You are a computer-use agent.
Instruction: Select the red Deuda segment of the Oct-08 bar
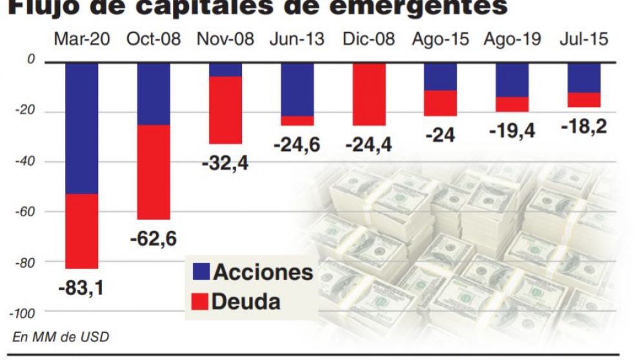point(153,172)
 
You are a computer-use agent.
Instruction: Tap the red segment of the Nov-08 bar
point(225,110)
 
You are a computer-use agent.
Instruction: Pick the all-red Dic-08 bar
point(369,94)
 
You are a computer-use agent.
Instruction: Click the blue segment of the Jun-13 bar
point(297,89)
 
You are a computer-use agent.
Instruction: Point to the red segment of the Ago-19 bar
point(512,104)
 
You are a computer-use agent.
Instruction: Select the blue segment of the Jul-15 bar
point(584,77)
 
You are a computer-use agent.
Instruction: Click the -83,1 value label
point(81,287)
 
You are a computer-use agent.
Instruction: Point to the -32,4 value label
point(225,163)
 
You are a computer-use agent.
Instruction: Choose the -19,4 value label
point(512,131)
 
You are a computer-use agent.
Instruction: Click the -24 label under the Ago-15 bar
point(440,135)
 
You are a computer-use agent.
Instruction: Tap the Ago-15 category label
point(440,39)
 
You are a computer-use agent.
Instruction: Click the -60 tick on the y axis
point(25,212)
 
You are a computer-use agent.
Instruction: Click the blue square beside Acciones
point(201,272)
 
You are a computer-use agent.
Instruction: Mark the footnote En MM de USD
point(61,336)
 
